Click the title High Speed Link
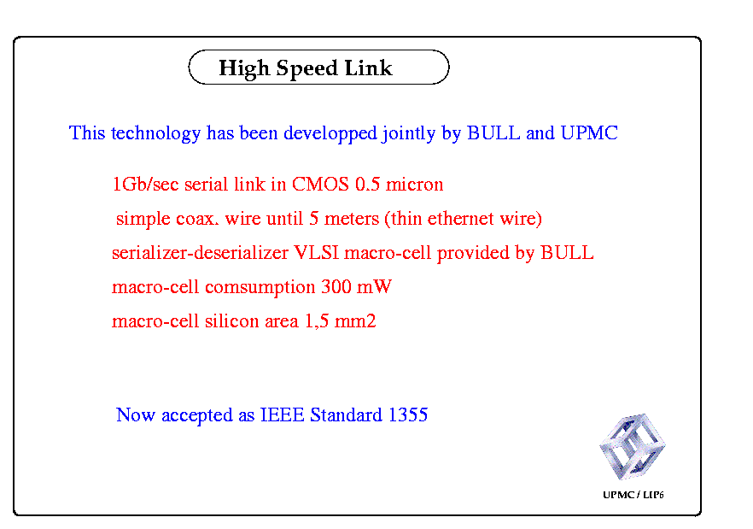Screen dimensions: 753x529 tap(306, 68)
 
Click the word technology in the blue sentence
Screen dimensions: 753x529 tap(155, 133)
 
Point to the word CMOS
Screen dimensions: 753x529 tap(320, 185)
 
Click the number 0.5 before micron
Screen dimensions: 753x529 tap(367, 185)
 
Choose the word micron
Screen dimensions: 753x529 tap(414, 185)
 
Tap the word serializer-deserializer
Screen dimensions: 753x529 tap(200, 252)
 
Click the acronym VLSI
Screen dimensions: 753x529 tap(316, 252)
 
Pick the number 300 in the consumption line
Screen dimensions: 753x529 tap(336, 286)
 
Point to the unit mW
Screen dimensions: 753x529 tap(375, 287)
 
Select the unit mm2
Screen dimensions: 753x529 tap(355, 320)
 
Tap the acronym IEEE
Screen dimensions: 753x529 tap(282, 414)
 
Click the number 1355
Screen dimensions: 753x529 tap(408, 414)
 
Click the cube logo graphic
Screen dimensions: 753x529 tap(632, 447)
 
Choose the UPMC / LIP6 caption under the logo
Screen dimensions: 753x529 tap(633, 495)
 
